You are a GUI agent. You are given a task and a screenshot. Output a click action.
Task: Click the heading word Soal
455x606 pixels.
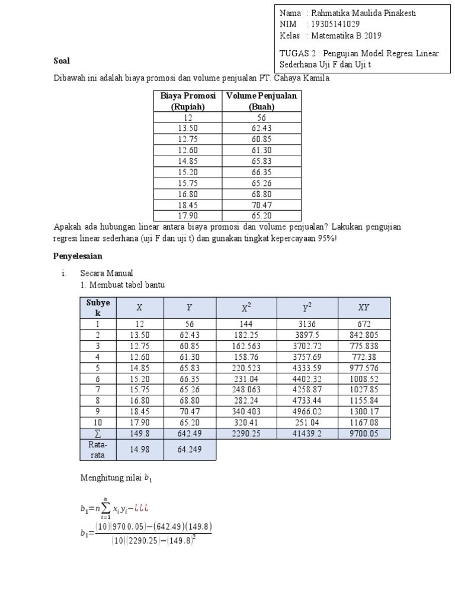pos(62,60)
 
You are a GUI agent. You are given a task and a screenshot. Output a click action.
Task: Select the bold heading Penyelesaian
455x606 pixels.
pos(78,256)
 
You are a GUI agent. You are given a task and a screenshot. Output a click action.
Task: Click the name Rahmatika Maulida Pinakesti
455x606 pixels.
pos(363,14)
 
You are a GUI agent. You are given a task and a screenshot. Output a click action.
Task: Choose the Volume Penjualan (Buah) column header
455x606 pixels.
pos(261,101)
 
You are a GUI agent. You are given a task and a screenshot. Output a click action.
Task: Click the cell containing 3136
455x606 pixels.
pos(306,324)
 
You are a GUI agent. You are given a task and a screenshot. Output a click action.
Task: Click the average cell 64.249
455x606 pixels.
pos(189,450)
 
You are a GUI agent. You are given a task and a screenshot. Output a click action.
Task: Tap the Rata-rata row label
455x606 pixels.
pos(98,450)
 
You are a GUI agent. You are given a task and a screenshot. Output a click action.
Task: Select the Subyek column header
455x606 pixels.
pos(98,307)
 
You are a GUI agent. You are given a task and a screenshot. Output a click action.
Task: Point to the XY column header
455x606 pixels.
pos(364,307)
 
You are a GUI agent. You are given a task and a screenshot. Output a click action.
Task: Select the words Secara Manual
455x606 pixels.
pos(107,273)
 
